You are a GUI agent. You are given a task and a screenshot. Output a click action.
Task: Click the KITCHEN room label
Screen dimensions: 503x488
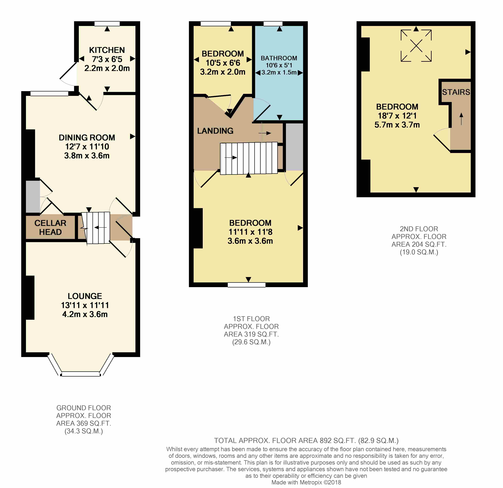coord(107,50)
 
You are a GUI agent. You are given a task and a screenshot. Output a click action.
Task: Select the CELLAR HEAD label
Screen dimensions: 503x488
coord(50,228)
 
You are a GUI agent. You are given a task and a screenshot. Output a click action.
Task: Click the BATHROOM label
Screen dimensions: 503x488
coord(279,58)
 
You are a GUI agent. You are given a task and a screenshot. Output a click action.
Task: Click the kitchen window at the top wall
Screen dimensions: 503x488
coord(107,24)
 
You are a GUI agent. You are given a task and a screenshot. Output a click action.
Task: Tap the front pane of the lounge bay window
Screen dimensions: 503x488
coord(81,374)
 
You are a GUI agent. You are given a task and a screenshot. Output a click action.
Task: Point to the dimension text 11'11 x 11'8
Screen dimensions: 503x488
coord(250,232)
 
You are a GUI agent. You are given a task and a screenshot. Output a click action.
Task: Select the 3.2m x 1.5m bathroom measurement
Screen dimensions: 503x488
coord(279,72)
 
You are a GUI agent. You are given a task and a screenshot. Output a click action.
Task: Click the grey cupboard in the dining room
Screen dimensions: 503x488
coord(33,196)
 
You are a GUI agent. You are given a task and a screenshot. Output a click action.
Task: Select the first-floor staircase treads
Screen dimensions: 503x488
coord(249,158)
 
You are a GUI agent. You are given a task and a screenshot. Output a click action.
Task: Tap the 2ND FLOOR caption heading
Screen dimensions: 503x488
coord(419,229)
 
